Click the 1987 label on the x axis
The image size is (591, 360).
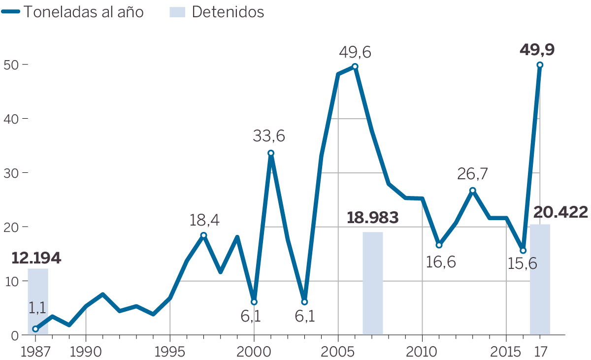point(35,352)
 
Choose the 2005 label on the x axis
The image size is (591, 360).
point(338,352)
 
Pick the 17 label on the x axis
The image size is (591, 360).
point(540,352)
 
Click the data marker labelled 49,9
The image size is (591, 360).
point(540,65)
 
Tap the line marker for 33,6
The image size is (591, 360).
point(270,153)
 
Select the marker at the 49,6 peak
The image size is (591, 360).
point(355,66)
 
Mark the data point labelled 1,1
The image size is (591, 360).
point(35,329)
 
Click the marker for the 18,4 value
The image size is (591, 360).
point(203,235)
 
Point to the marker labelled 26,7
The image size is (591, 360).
point(472,191)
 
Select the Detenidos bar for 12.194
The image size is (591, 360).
point(38,301)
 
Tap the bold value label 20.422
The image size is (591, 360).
point(560,212)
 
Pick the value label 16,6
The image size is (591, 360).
point(441,261)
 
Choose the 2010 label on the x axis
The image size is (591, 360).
point(422,352)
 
